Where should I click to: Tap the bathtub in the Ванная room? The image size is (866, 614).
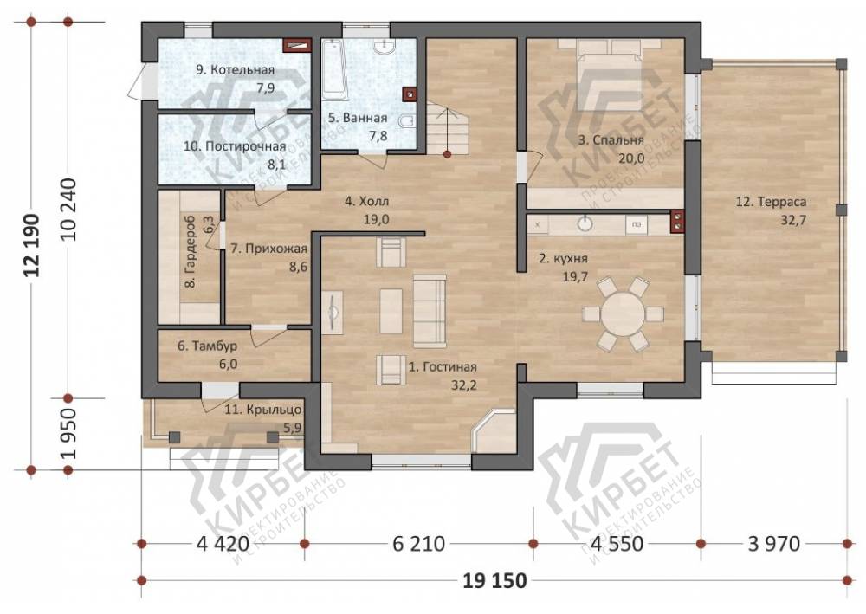coord(334,69)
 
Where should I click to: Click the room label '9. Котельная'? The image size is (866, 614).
coord(236,70)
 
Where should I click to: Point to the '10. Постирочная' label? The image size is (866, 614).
coord(235,146)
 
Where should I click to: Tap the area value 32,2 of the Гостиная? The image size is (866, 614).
coord(463,385)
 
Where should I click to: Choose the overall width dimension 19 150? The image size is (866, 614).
coord(494,581)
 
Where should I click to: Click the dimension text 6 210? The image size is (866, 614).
coord(418,544)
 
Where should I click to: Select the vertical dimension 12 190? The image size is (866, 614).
coord(32,245)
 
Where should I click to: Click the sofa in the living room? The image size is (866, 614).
coord(430,312)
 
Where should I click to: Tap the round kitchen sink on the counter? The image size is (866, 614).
coord(585,223)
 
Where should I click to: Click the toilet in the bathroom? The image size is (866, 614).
coord(406,121)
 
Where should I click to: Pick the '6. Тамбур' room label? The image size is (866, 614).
coord(208,346)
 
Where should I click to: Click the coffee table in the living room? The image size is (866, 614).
coord(391,311)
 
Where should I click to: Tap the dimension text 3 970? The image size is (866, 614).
coord(773,544)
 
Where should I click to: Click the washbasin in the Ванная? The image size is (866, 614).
coord(384,48)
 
